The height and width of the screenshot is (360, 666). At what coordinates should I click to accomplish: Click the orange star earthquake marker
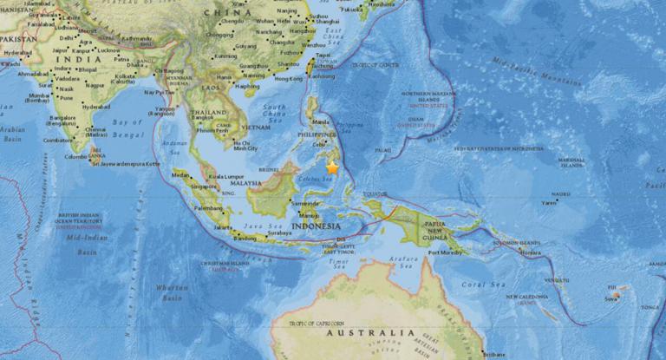pos(332,169)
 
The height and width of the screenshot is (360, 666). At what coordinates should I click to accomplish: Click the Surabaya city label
pos(279,233)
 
